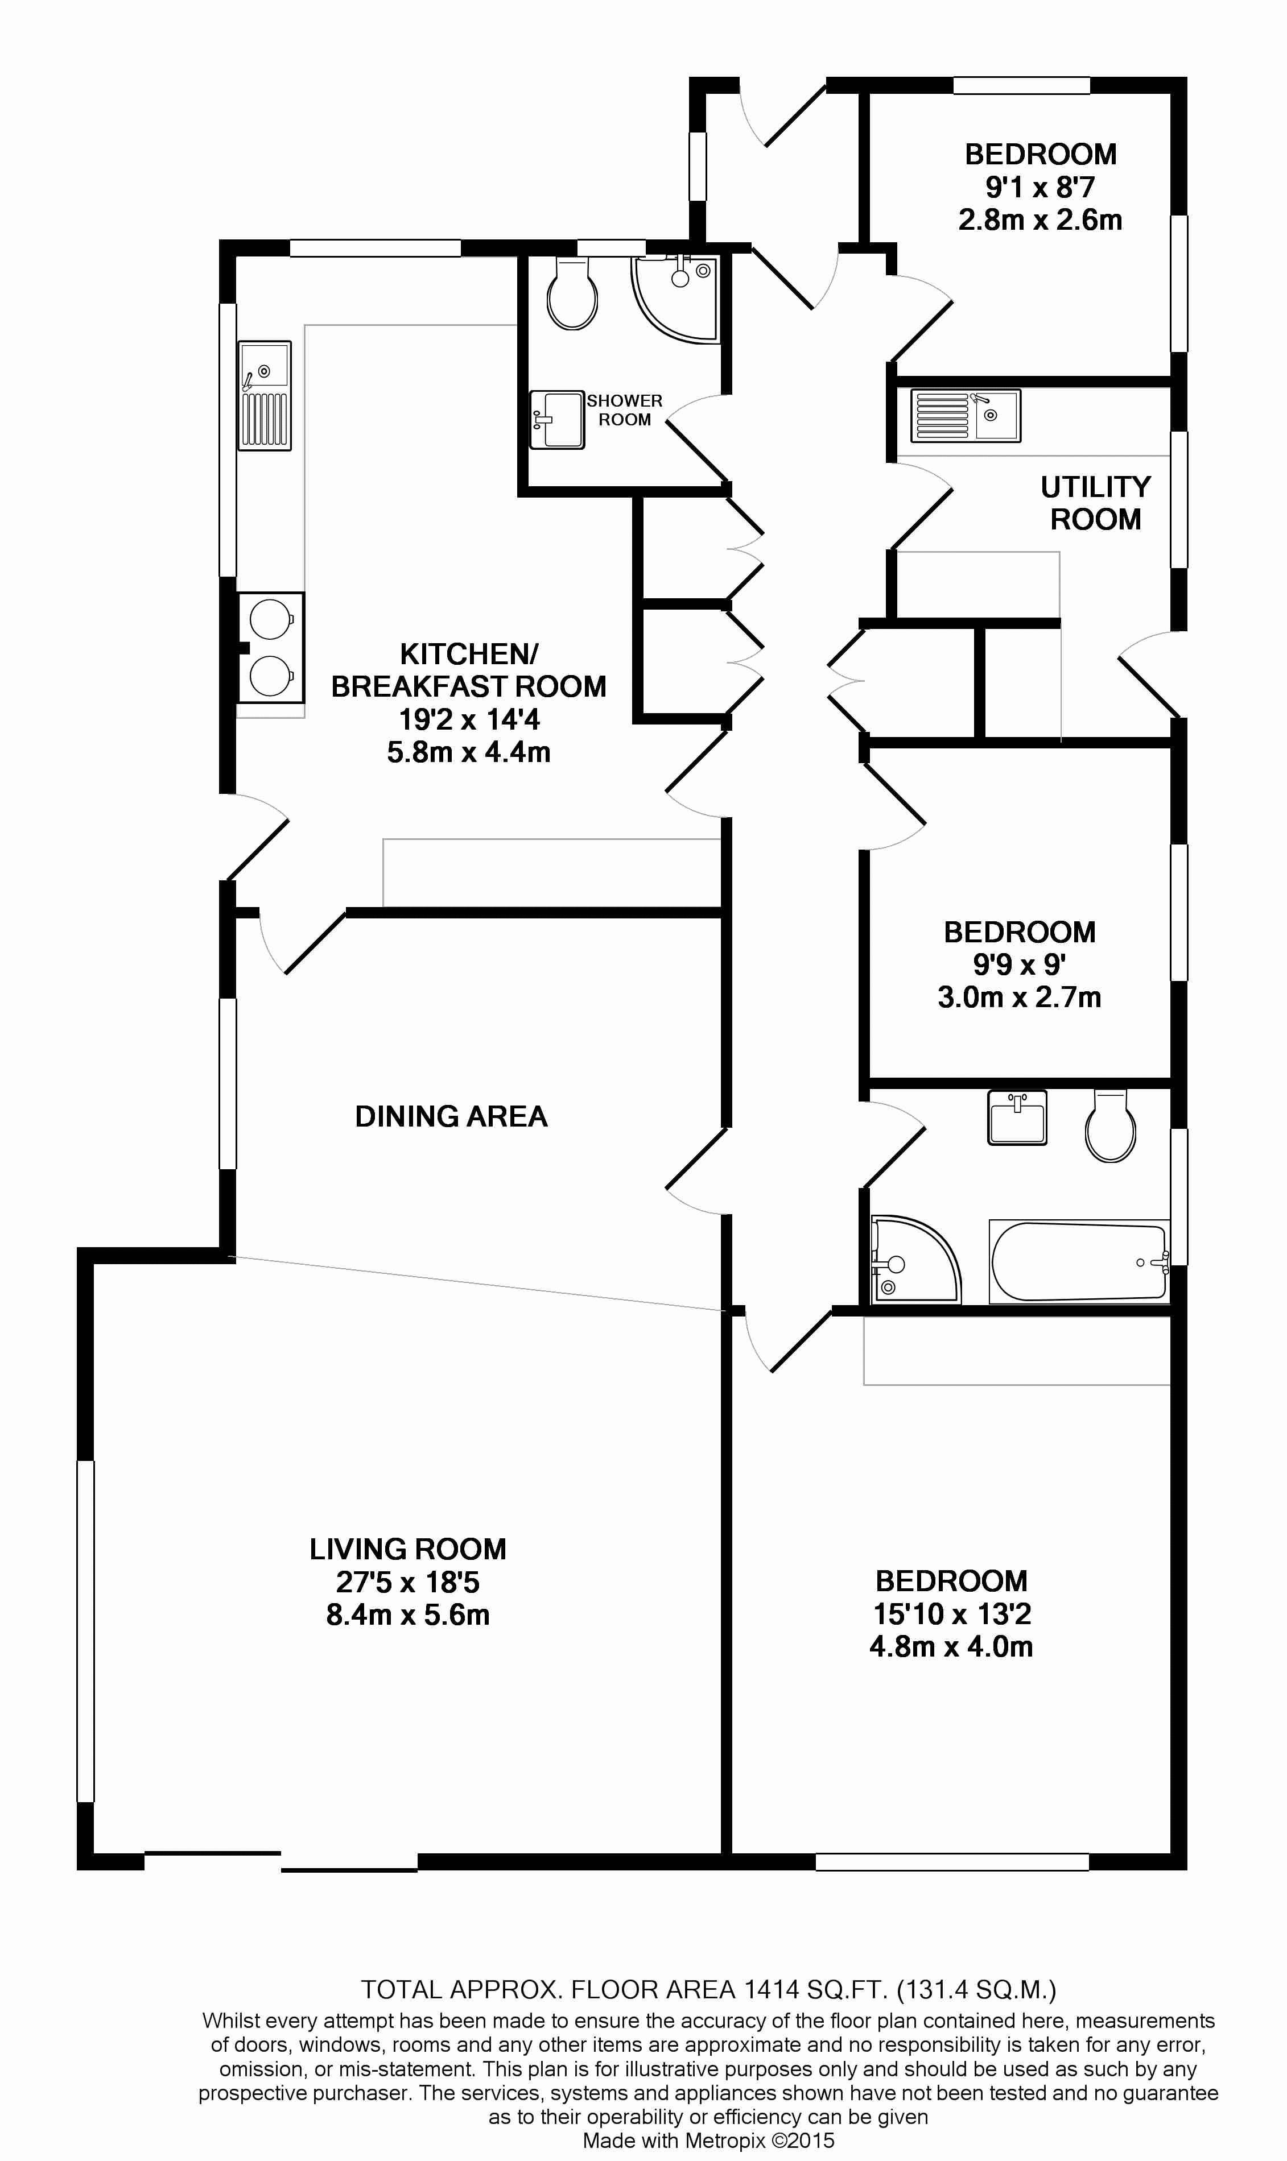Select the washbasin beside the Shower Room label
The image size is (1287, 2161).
557,420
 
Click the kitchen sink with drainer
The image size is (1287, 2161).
265,395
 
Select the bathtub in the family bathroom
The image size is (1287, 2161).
1079,1262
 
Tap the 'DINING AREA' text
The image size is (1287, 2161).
451,1116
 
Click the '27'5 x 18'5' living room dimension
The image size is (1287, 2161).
407,1582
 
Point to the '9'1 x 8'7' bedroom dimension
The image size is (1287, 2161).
1040,187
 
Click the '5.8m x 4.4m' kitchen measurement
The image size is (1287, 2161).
468,752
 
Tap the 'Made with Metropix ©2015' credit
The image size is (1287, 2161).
708,2134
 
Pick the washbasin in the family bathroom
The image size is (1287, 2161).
1017,1117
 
